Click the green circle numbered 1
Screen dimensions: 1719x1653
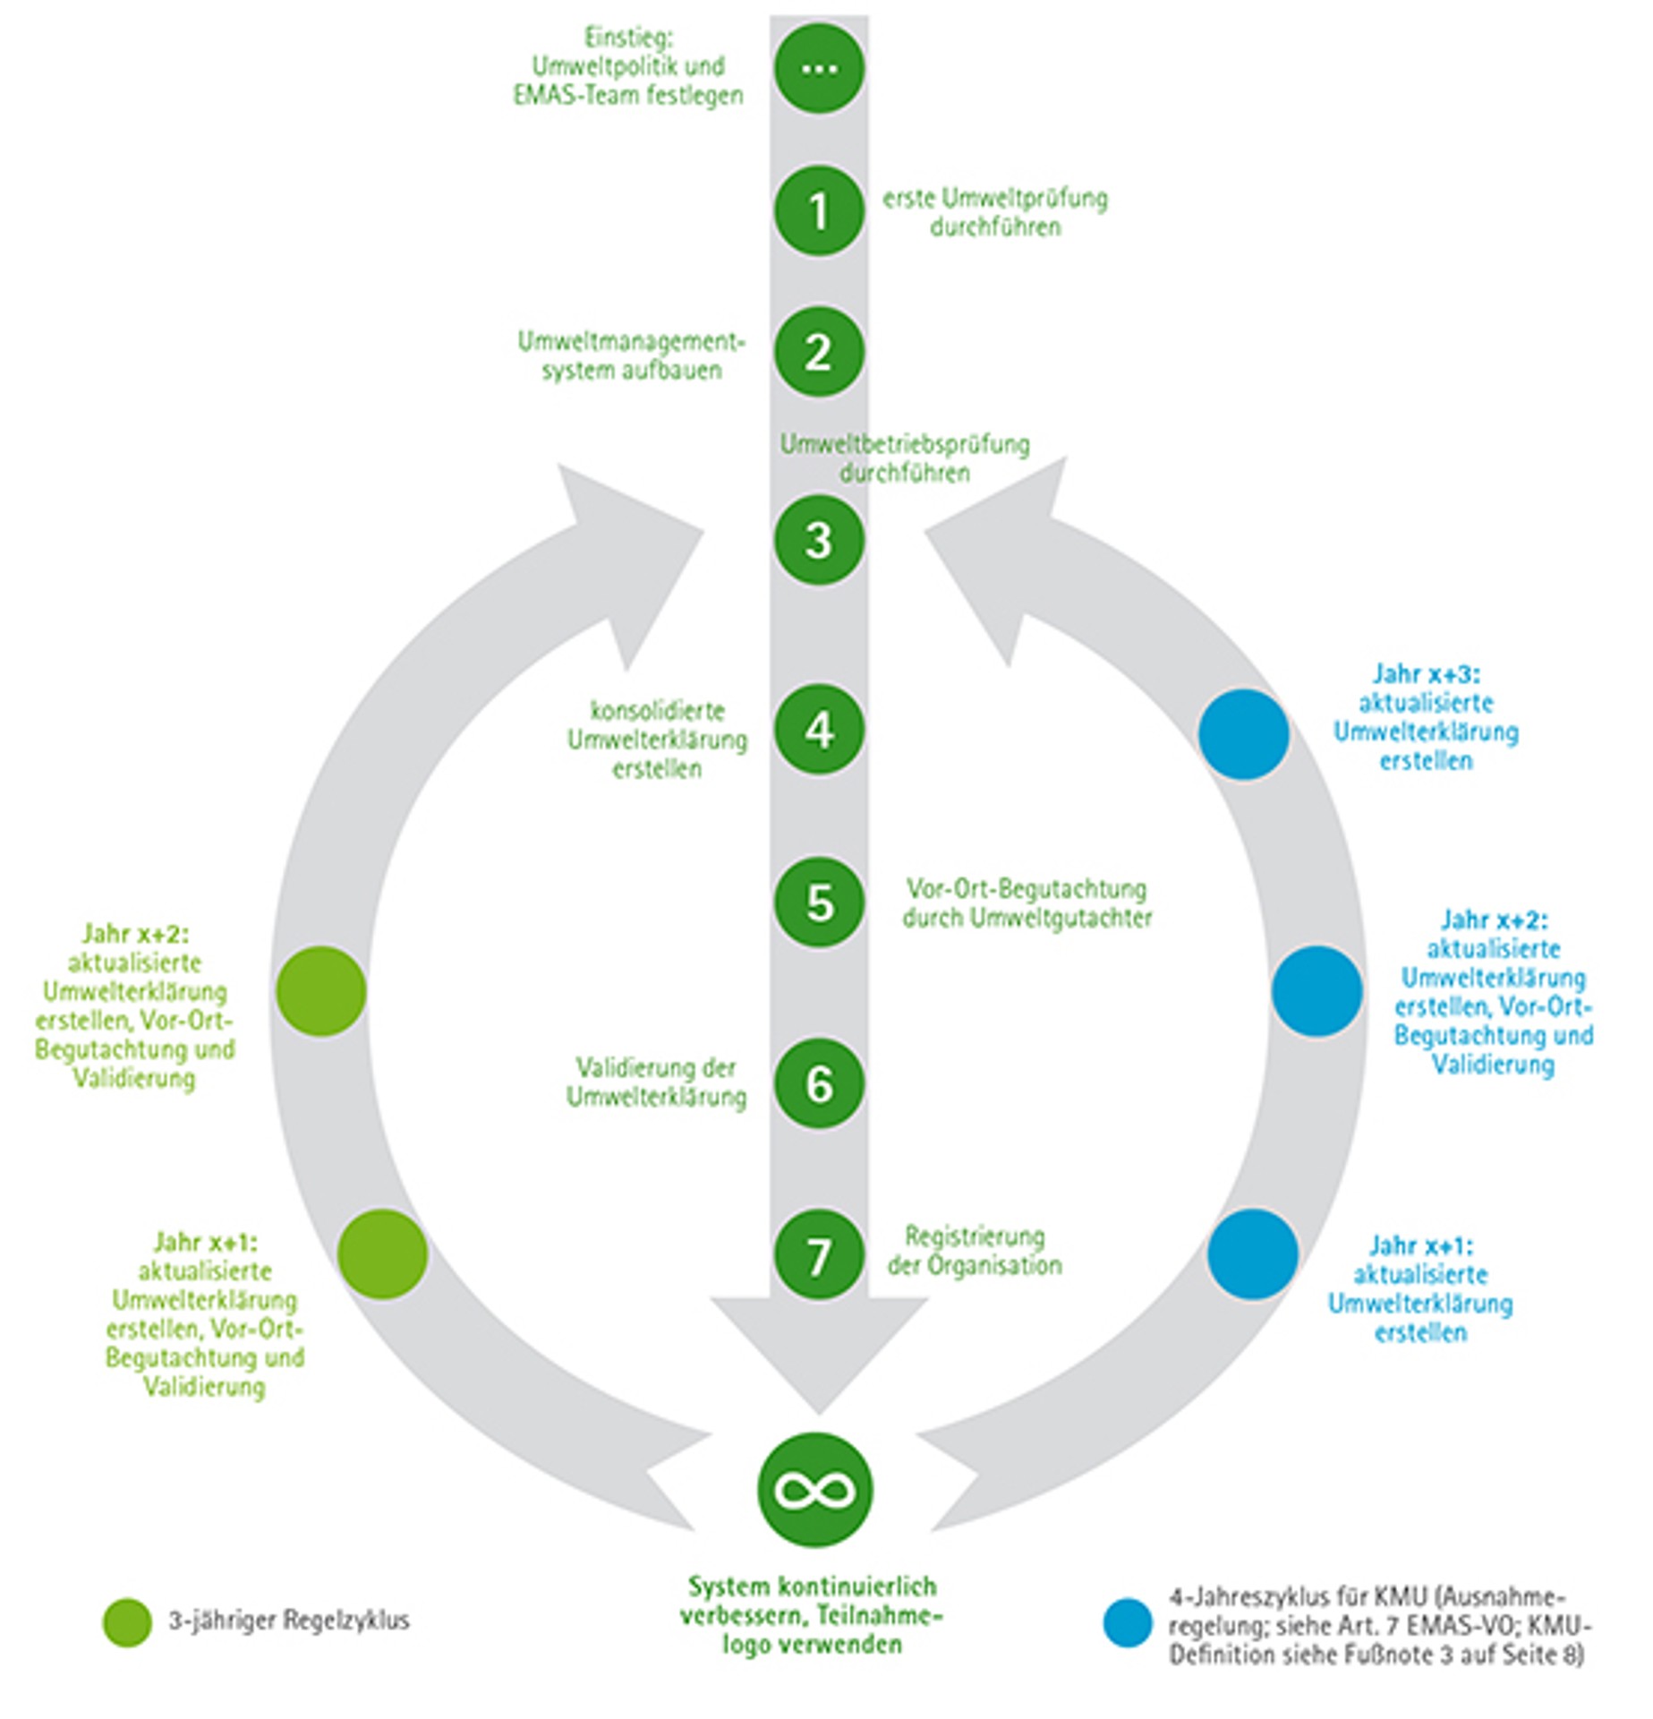[819, 211]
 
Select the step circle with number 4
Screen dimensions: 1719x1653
[819, 730]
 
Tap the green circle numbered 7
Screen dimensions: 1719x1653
[819, 1254]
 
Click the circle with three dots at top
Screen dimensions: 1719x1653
[819, 69]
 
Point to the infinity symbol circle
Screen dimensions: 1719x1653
[814, 1490]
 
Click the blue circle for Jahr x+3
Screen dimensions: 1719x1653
[1243, 734]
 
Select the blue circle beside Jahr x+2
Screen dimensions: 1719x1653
[1316, 991]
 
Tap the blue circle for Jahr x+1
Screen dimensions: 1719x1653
[1252, 1253]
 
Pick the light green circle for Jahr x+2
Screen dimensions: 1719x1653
[321, 991]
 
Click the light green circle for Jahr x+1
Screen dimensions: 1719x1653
[383, 1253]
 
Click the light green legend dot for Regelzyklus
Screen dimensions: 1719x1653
[127, 1621]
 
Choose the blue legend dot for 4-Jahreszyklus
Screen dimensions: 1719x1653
[1127, 1622]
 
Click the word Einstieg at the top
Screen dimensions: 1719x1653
[628, 38]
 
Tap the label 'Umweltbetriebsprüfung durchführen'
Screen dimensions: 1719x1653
[904, 458]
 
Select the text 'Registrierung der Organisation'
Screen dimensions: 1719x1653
[974, 1251]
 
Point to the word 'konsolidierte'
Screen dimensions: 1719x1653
[657, 711]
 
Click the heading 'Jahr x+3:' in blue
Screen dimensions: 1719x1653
[1426, 673]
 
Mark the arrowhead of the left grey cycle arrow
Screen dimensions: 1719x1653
[626, 555]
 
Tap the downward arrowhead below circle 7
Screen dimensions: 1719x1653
[819, 1352]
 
